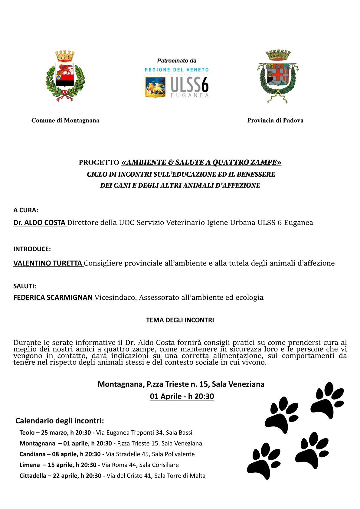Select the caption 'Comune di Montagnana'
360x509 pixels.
point(65,120)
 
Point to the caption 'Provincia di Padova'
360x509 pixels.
point(275,120)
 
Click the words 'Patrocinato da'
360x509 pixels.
point(177,60)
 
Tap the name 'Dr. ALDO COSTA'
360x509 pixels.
point(40,223)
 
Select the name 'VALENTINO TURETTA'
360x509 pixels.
point(48,263)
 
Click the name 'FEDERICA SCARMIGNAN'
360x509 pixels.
point(53,298)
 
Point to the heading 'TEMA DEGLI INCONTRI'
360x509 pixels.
point(180,320)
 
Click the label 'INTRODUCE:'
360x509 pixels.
point(32,249)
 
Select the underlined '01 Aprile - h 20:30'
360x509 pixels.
point(182,396)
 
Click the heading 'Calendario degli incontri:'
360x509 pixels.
point(60,421)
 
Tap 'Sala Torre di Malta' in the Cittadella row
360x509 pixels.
point(180,476)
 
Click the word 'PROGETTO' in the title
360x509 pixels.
point(99,163)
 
